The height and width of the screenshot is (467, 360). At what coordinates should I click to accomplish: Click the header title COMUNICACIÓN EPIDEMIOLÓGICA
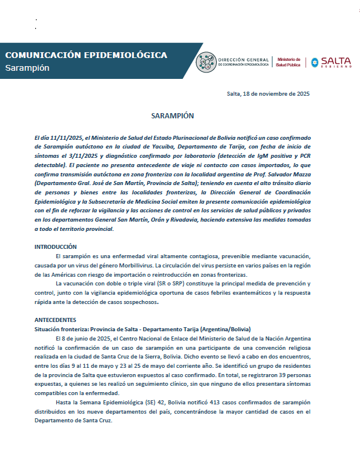tap(86, 55)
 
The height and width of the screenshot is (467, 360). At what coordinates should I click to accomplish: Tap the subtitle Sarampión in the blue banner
tap(27, 68)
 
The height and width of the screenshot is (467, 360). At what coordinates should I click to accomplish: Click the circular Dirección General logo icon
tap(206, 62)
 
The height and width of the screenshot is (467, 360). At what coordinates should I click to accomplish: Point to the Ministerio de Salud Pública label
tap(288, 62)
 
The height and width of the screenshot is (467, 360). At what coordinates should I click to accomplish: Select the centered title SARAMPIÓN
tap(172, 116)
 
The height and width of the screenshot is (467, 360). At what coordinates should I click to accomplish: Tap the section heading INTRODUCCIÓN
tap(56, 247)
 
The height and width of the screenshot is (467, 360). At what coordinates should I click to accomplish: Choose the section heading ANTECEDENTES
tap(55, 320)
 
